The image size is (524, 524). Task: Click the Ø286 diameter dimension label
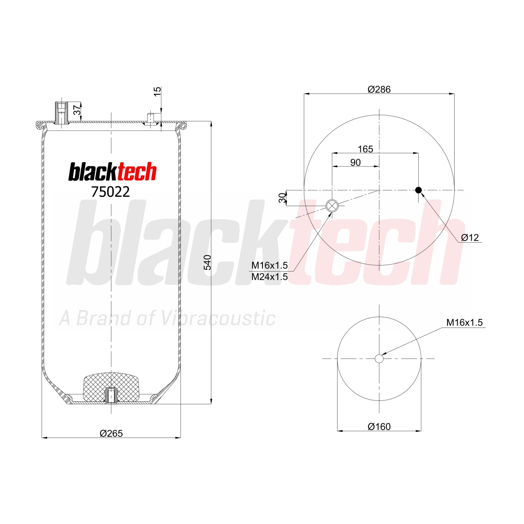pos(379,89)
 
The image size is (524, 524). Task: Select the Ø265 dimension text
pos(111,433)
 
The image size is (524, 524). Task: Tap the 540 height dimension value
pos(207,262)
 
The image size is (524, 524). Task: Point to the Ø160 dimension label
pos(379,427)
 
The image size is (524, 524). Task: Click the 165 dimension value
pos(365,149)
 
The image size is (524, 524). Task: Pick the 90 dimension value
pos(355,162)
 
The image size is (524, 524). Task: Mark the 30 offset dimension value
pos(283,198)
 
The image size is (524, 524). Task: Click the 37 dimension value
pos(77,110)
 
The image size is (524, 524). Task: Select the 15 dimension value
pos(158,92)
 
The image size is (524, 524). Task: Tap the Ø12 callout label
pos(470,238)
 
